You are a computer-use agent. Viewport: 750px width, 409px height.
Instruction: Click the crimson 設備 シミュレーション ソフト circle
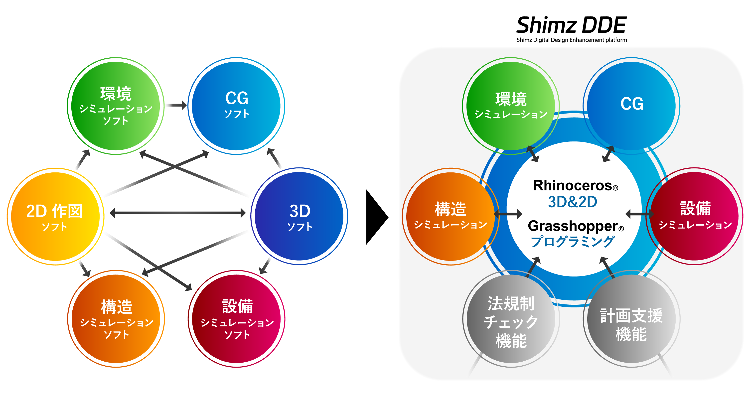pyautogui.click(x=237, y=319)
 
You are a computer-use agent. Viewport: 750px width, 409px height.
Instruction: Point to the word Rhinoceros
pyautogui.click(x=572, y=185)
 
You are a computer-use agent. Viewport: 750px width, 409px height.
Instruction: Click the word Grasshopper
pyautogui.click(x=573, y=226)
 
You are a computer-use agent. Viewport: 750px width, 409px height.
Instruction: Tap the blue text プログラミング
pyautogui.click(x=572, y=242)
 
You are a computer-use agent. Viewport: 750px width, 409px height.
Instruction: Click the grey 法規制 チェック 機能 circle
pyautogui.click(x=511, y=320)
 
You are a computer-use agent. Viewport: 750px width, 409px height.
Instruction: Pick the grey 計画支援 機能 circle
pyautogui.click(x=631, y=320)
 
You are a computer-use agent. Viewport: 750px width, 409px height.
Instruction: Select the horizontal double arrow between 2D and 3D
pyautogui.click(x=178, y=213)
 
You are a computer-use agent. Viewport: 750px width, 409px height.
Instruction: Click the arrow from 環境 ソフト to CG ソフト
pyautogui.click(x=175, y=105)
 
